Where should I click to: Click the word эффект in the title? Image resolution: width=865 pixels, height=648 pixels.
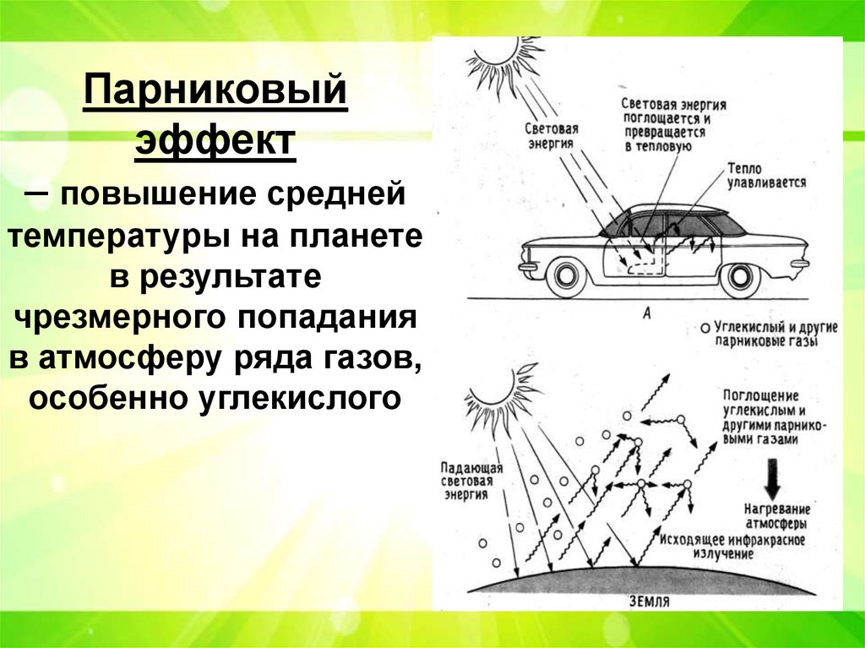coord(215,142)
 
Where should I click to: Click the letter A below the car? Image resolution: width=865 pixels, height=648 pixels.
coord(646,313)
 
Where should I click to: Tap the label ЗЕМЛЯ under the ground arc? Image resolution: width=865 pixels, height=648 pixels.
coord(650,602)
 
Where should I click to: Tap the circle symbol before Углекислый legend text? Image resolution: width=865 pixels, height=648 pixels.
coord(704,327)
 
